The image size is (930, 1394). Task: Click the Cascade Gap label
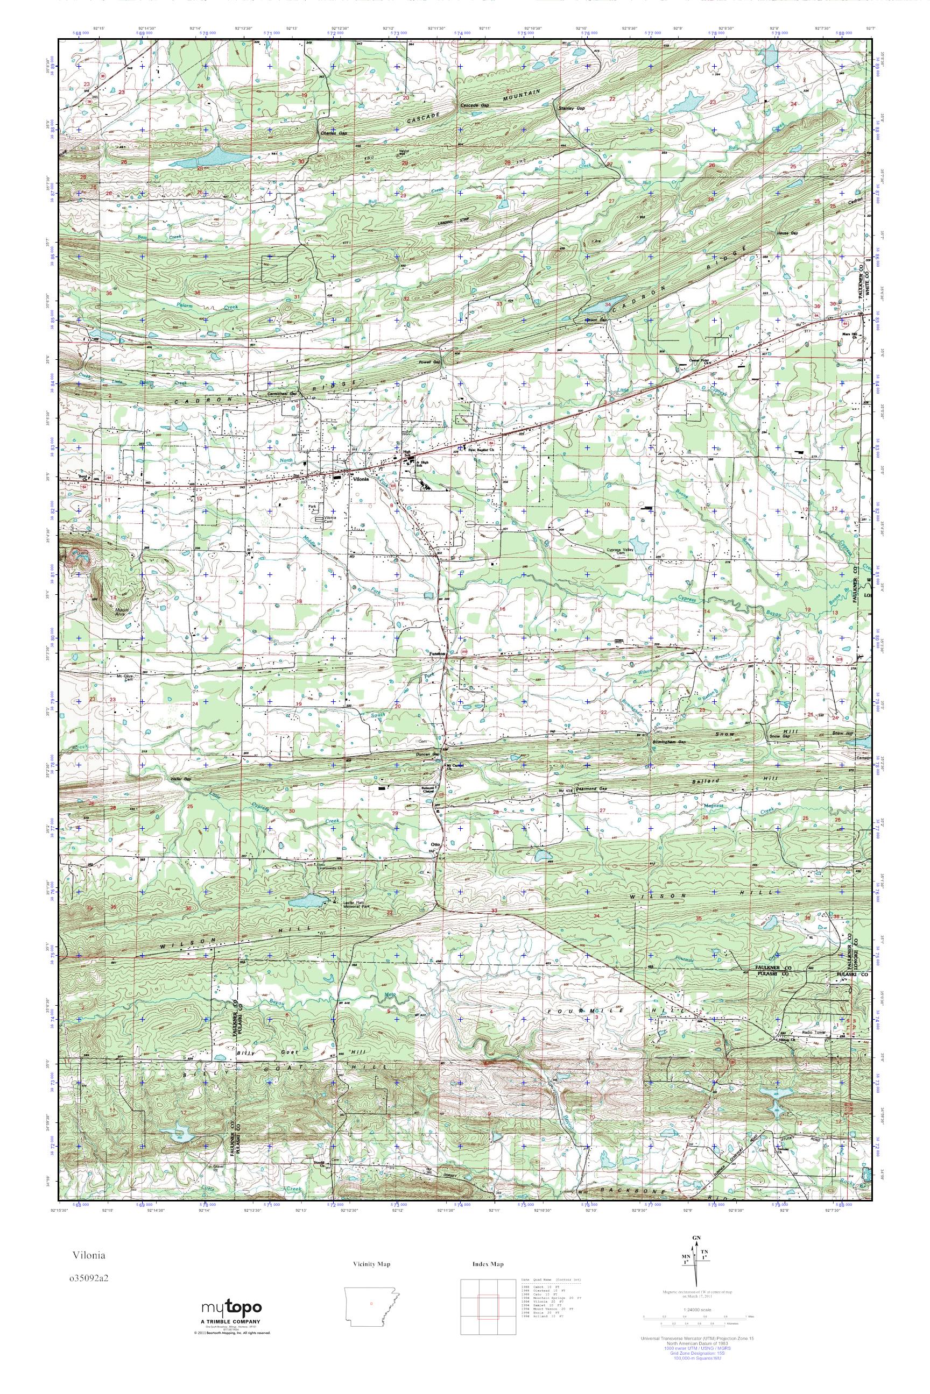pos(475,105)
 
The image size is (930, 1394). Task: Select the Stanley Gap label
pos(570,109)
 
